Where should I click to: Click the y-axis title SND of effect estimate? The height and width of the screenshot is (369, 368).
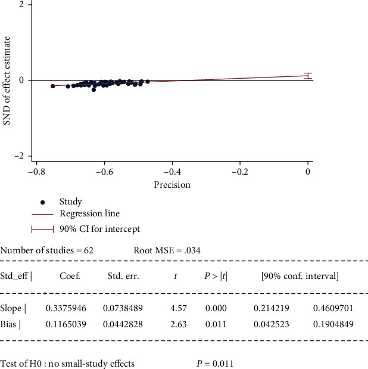pos(8,79)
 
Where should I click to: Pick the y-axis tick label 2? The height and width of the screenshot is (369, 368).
pos(21,4)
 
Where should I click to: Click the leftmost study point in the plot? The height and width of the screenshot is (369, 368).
pos(53,86)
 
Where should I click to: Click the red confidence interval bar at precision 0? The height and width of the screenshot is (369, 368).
pos(307,75)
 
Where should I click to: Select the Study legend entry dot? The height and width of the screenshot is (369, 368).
pos(43,202)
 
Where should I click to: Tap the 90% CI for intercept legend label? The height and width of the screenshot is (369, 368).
pos(100,228)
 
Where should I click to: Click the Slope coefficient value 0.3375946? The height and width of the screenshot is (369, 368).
pos(66,308)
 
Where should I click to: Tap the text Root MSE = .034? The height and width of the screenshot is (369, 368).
pos(167,250)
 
